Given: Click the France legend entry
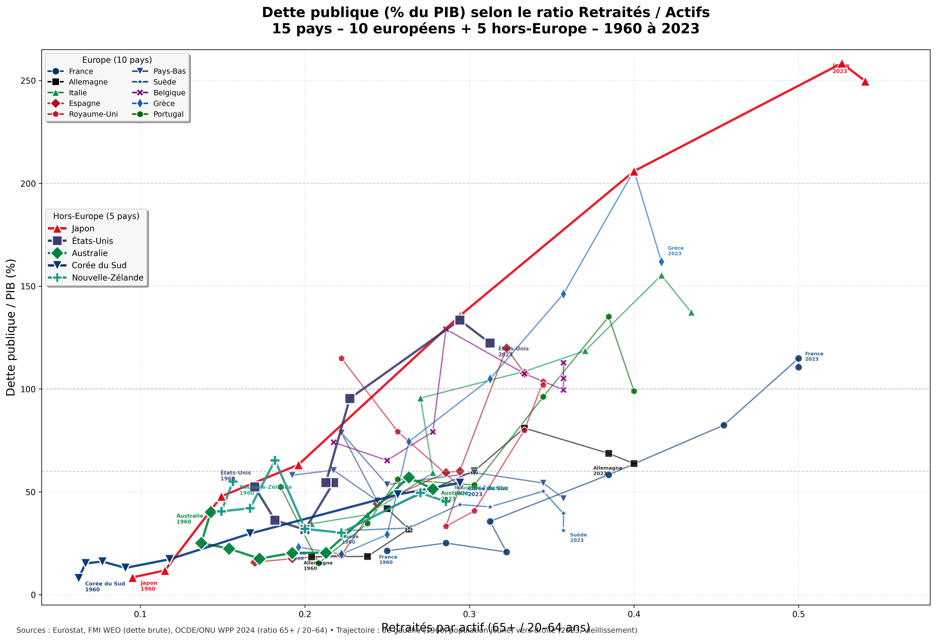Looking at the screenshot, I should [x=81, y=71].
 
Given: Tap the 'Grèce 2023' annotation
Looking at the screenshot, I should [x=675, y=251].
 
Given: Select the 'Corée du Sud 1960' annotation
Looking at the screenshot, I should [x=105, y=586].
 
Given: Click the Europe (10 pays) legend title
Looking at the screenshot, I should [x=117, y=60].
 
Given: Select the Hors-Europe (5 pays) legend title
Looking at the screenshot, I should [x=96, y=216].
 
